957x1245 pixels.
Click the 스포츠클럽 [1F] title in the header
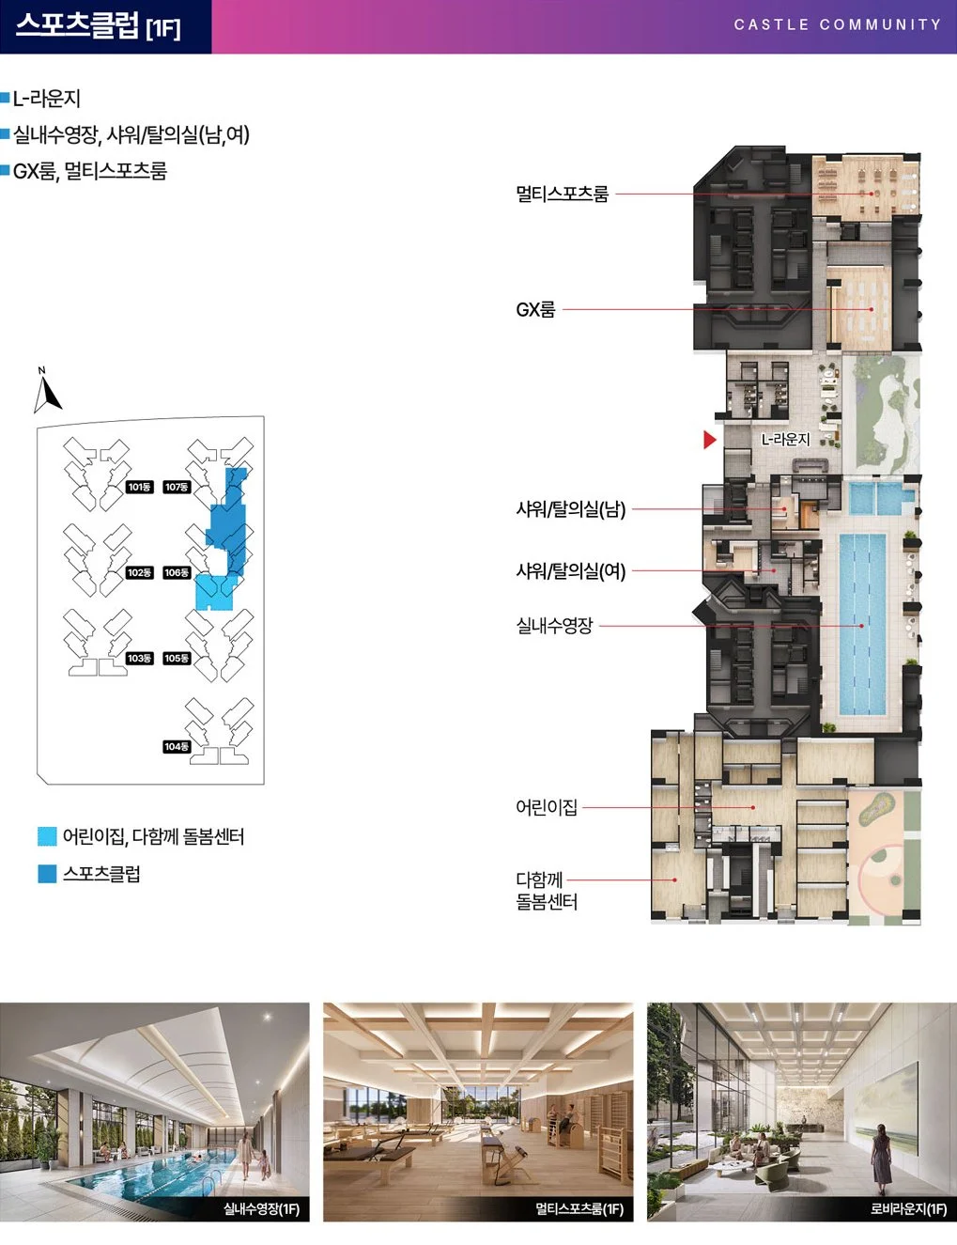98,25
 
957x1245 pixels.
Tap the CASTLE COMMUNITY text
838,24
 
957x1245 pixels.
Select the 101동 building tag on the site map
139,487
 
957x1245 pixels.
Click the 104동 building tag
177,747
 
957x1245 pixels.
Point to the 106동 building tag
177,572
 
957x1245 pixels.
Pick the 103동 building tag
139,659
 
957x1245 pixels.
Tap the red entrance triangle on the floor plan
710,440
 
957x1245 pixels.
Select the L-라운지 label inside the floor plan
785,440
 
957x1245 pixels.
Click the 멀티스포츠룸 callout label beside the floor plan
562,194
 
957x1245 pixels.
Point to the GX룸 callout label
535,309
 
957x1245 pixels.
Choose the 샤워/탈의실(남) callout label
571,508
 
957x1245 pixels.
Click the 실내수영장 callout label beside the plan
554,625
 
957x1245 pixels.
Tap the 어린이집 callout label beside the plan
547,807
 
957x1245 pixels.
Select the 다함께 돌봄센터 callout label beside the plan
547,891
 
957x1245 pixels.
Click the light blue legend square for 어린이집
47,836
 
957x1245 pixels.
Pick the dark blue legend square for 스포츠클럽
47,874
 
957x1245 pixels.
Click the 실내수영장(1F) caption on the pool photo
261,1209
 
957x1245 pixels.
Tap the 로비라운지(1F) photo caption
908,1209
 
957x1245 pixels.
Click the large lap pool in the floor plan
862,625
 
